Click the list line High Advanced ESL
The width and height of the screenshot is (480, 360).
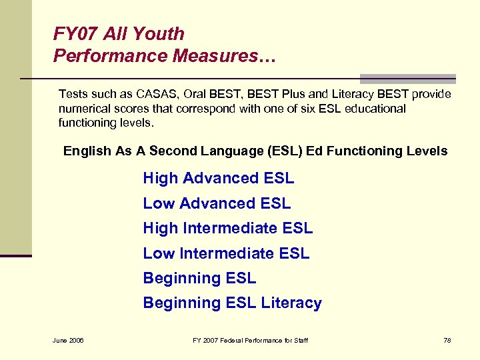coord(218,179)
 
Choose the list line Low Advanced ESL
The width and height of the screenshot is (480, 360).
coord(217,203)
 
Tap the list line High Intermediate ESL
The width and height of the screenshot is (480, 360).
coord(227,229)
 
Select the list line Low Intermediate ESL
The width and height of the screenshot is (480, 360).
coord(226,253)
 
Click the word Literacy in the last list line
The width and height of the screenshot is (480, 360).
coord(291,303)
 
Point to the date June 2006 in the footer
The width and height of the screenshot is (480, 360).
coord(68,341)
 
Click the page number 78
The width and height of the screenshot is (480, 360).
coord(447,341)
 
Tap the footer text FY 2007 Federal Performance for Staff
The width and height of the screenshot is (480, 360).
coord(250,341)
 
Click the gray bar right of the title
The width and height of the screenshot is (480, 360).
coord(407,78)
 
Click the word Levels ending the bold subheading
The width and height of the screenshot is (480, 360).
coord(427,151)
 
